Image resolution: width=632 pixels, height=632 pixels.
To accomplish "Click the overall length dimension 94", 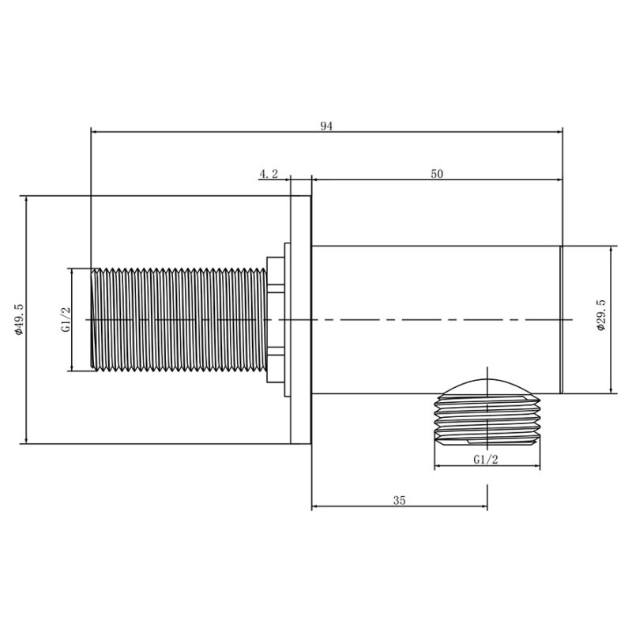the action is (326, 126).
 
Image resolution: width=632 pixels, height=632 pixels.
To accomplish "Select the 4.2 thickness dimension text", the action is (269, 174).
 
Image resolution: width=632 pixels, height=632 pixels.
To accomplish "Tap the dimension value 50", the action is (437, 174).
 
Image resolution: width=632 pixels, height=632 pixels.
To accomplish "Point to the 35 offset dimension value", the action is (400, 501).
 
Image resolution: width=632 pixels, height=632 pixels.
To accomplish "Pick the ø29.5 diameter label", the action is (601, 314).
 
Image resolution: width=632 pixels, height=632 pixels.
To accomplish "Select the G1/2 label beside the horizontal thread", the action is (66, 319).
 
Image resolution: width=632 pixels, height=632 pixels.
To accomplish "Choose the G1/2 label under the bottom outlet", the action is (486, 460).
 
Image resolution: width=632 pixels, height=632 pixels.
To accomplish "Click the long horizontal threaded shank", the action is (179, 319).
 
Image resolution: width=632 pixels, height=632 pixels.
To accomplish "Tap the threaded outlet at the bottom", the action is (487, 419).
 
